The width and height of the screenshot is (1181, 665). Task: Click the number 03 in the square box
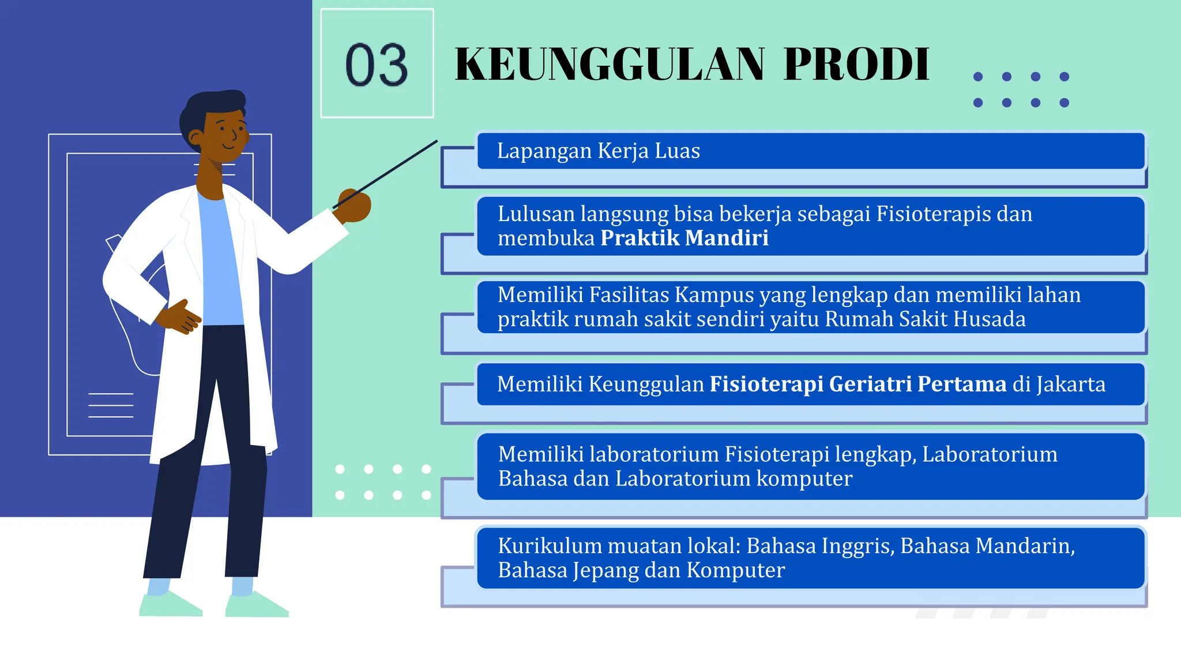coord(377,65)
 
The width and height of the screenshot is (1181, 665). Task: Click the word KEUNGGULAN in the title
coord(610,64)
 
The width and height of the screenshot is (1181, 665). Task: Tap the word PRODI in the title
coord(856,64)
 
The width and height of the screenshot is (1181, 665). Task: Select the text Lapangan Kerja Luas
coord(598,151)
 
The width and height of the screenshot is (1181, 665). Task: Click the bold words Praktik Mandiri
coord(684,238)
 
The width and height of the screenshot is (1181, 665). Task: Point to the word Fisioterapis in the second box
coord(934,214)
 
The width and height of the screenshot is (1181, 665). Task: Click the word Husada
coord(994,319)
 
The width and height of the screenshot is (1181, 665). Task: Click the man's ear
coord(195,138)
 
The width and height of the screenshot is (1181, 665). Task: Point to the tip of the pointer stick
coord(436,141)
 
